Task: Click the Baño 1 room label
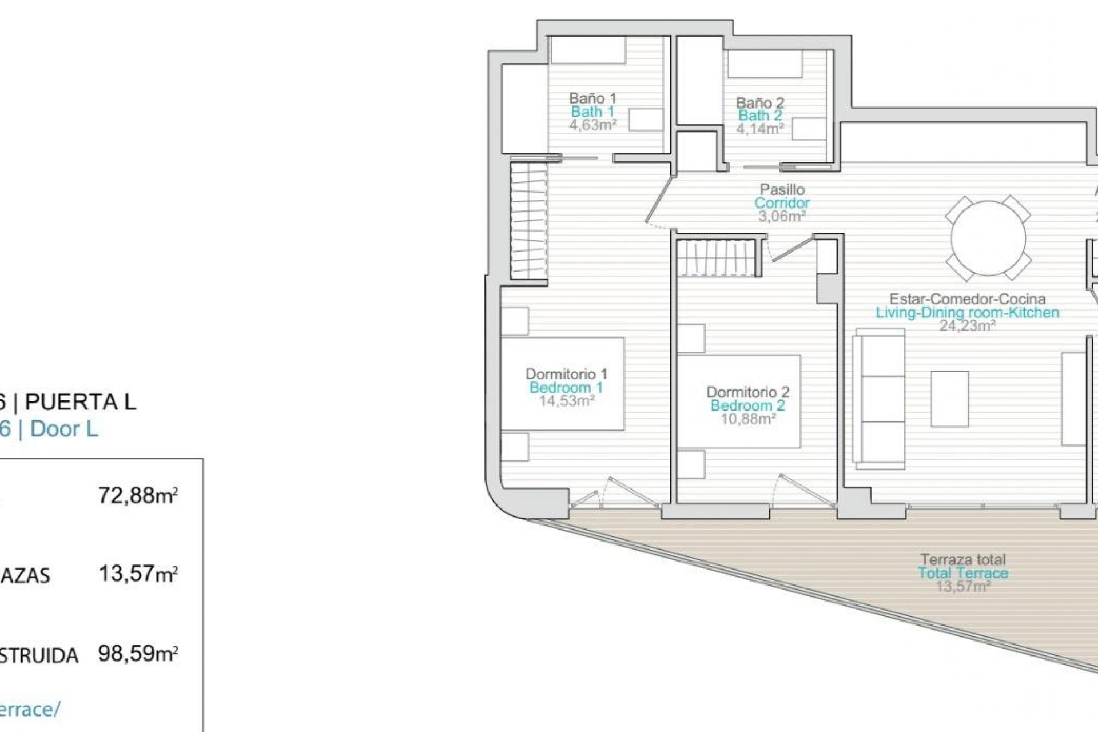tap(592, 98)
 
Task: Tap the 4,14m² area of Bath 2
tap(759, 129)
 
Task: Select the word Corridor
tap(782, 203)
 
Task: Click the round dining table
tap(988, 238)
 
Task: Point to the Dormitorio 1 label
tap(566, 374)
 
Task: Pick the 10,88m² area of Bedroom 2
tap(747, 419)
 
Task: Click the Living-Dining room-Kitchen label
tap(967, 313)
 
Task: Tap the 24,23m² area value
tap(967, 326)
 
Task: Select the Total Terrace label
tap(963, 573)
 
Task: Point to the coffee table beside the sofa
tap(949, 399)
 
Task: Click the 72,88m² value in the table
tap(138, 495)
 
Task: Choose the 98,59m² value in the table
tap(138, 653)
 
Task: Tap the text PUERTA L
tap(81, 403)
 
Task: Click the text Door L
tap(64, 429)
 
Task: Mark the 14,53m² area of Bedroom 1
tap(566, 401)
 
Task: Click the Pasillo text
tap(782, 189)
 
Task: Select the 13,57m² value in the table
tap(138, 573)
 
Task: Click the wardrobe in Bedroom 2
tap(719, 257)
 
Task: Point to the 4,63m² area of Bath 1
tap(592, 125)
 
